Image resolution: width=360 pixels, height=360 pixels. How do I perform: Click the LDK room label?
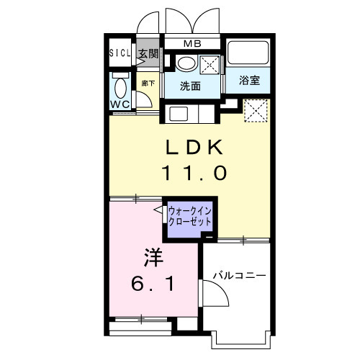pyautogui.click(x=194, y=147)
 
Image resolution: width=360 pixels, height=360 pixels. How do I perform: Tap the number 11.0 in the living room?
pyautogui.click(x=194, y=173)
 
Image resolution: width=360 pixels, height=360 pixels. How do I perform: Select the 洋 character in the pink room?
pyautogui.click(x=153, y=258)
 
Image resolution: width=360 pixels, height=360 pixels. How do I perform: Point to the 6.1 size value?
pyautogui.click(x=153, y=283)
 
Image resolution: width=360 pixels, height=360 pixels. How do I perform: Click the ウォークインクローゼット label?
pyautogui.click(x=190, y=217)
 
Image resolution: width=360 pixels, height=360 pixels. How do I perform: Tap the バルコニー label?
pyautogui.click(x=239, y=276)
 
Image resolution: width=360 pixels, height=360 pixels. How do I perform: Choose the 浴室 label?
pyautogui.click(x=249, y=80)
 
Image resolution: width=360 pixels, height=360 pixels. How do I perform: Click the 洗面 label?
pyautogui.click(x=190, y=86)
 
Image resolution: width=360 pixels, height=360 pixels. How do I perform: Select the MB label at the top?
pyautogui.click(x=192, y=44)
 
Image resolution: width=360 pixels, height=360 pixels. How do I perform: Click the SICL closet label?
pyautogui.click(x=120, y=53)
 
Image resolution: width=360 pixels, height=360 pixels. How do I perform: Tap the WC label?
pyautogui.click(x=120, y=104)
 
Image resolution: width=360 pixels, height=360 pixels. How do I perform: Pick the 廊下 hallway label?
pyautogui.click(x=148, y=84)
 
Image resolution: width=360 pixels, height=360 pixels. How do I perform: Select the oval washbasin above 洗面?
pyautogui.click(x=186, y=63)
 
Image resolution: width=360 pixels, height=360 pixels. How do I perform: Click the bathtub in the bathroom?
pyautogui.click(x=248, y=53)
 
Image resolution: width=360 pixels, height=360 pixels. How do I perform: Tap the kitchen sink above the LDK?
pyautogui.click(x=179, y=114)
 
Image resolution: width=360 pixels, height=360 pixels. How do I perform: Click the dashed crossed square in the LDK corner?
pyautogui.click(x=256, y=111)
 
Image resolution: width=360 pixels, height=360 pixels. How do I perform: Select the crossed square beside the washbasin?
pyautogui.click(x=210, y=65)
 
